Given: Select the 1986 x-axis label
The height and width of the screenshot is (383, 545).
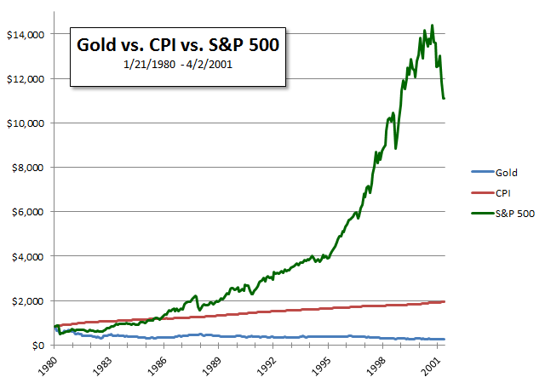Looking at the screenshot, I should pos(154,363).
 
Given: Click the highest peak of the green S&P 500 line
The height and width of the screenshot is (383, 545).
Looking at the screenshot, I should pos(432,26).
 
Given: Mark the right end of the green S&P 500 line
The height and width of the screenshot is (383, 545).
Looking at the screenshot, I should pos(445,99).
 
